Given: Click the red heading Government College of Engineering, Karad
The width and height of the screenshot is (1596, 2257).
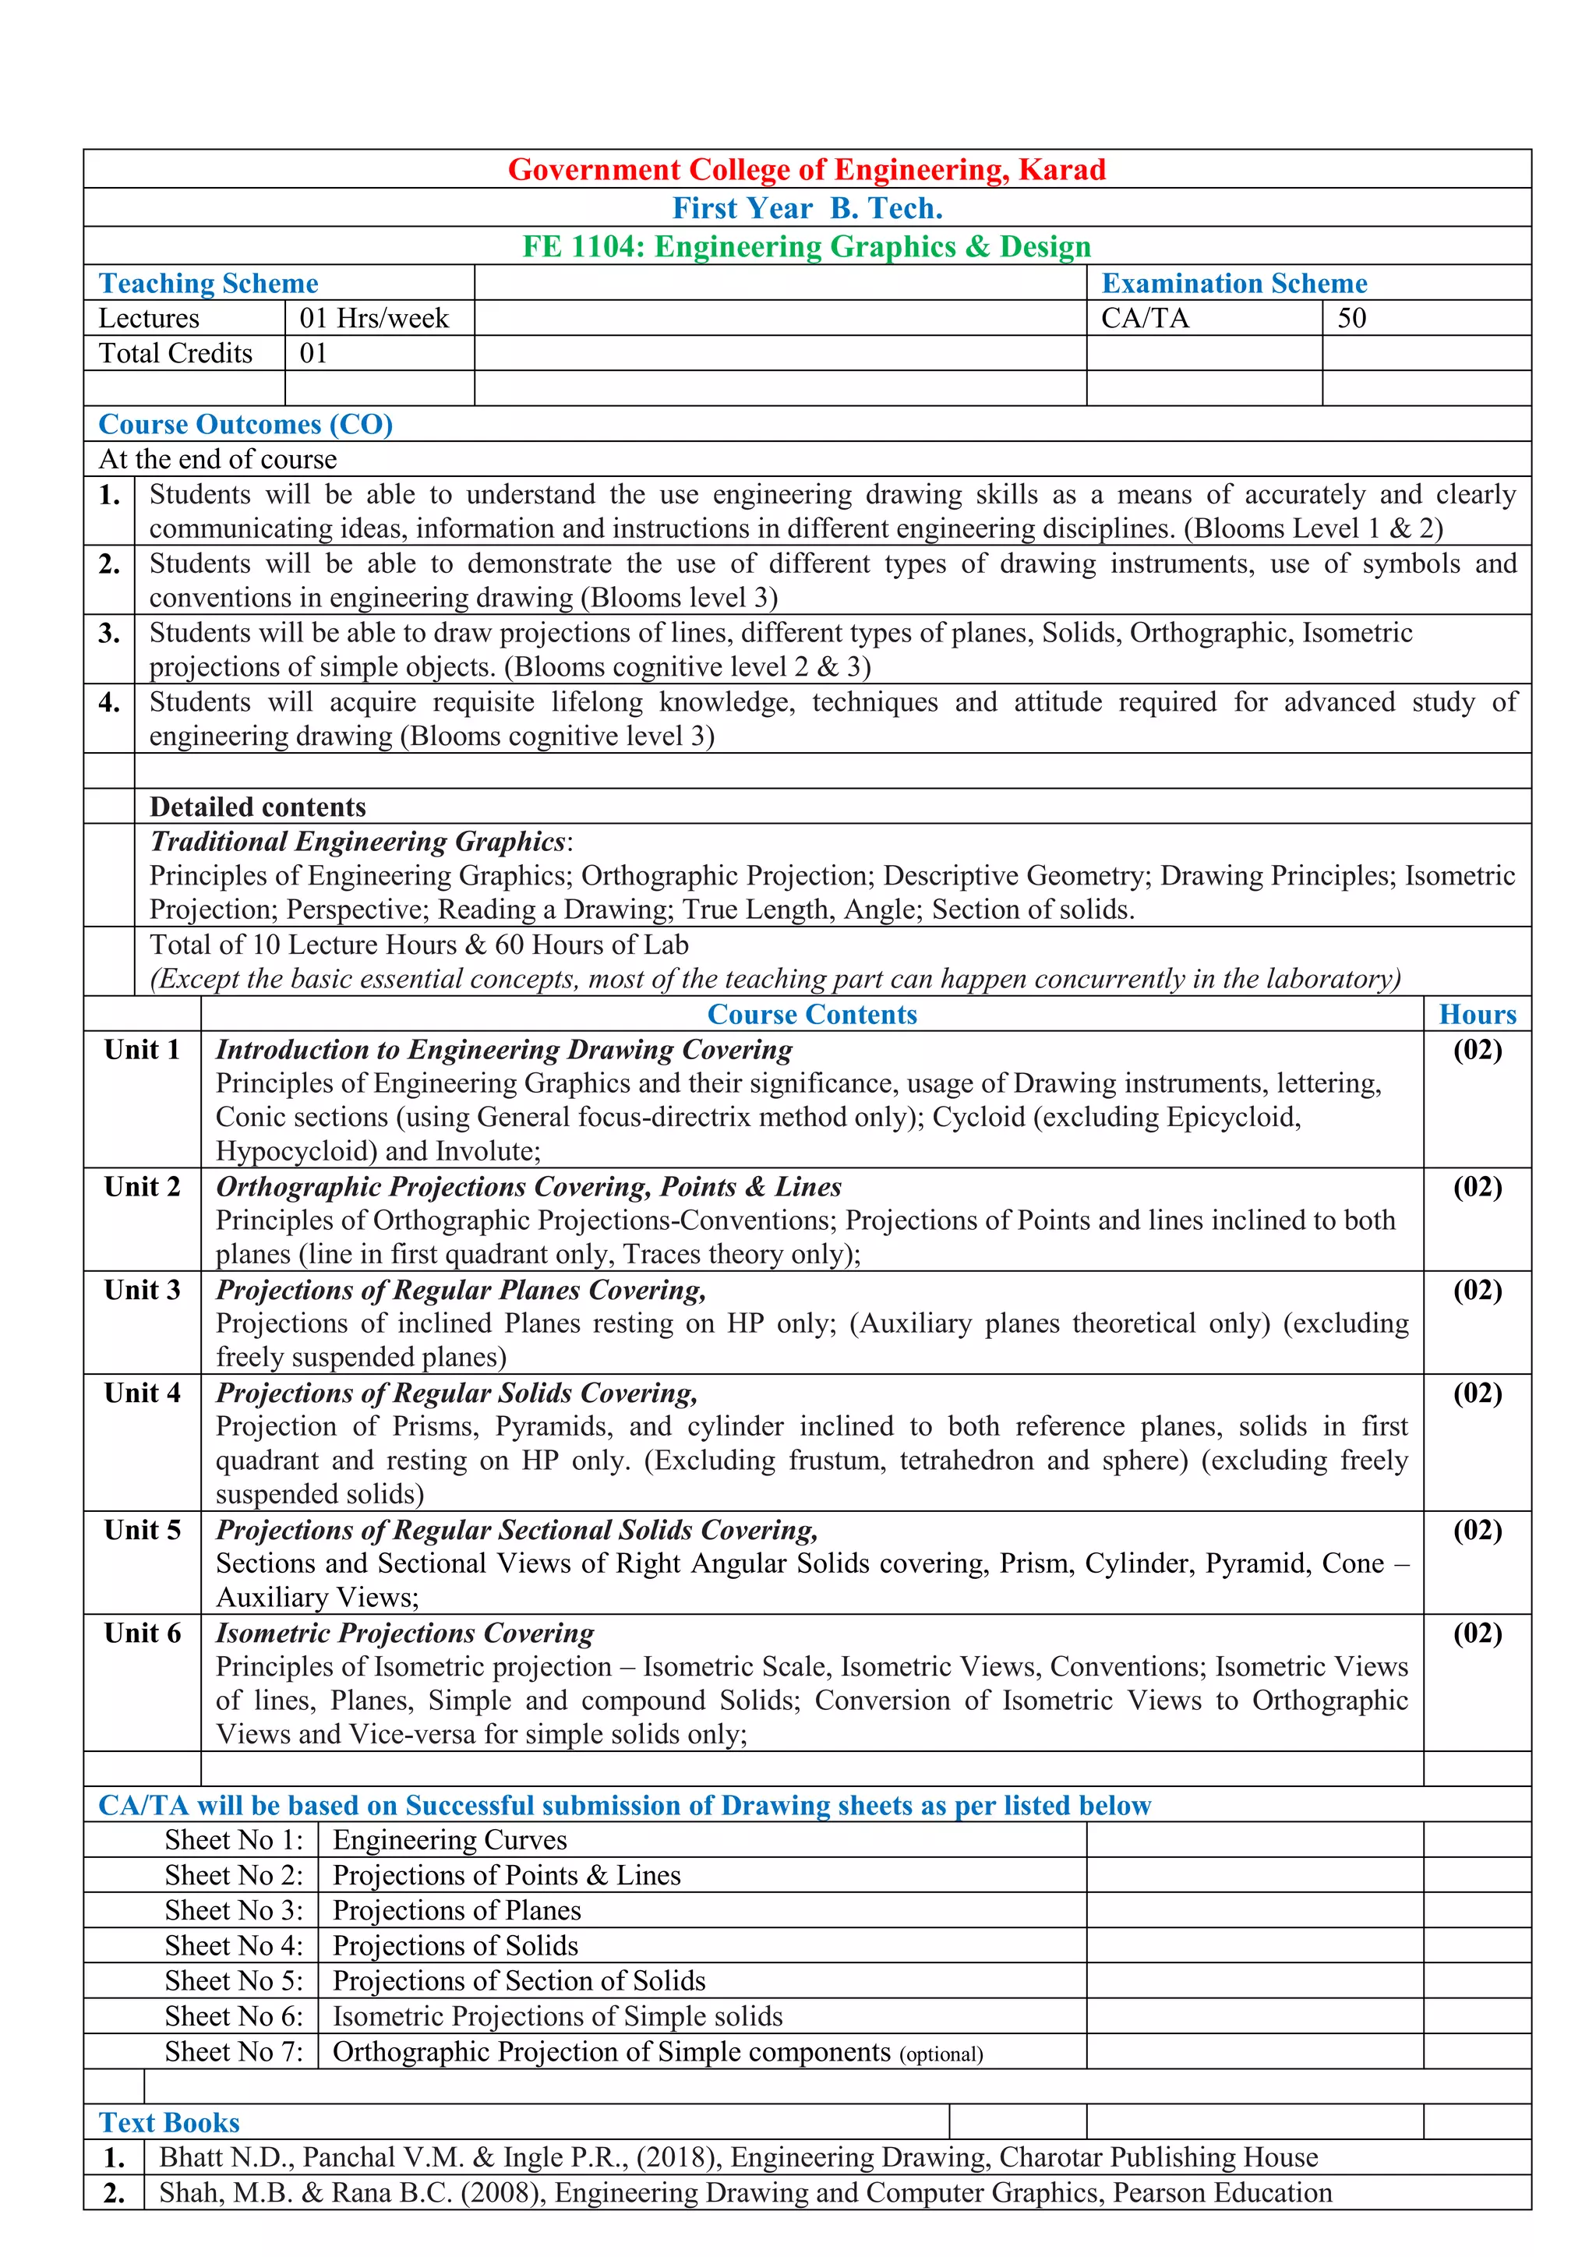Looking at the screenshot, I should [x=806, y=170].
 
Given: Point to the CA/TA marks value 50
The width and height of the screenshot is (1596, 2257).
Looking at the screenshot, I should [x=1351, y=319].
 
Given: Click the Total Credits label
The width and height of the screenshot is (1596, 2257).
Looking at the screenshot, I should [x=176, y=354].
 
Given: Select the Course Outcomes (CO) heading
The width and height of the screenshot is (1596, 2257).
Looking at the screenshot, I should [x=245, y=425].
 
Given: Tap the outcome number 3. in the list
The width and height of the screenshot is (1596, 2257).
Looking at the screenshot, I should [x=109, y=634].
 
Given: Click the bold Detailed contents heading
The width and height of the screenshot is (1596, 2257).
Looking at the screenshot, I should [x=257, y=807].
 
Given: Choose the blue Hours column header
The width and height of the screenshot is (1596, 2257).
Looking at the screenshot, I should [x=1477, y=1015].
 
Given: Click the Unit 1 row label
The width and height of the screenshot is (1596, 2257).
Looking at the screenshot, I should [x=143, y=1050].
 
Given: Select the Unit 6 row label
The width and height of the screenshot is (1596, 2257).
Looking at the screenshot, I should [x=143, y=1634].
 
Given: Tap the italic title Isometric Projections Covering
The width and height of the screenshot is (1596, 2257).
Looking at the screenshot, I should [x=405, y=1634].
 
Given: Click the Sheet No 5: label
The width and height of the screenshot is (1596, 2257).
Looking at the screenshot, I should [x=234, y=1981].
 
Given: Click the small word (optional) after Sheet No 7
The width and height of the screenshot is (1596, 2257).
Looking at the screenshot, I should [x=941, y=2054].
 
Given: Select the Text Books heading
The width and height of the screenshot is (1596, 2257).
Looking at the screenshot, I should [x=169, y=2123].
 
